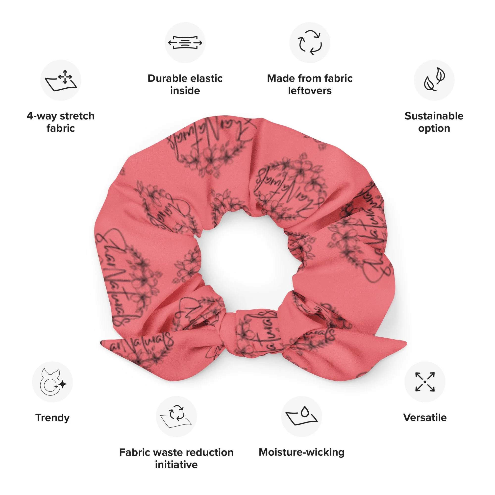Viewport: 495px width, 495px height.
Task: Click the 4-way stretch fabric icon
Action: click(61, 80)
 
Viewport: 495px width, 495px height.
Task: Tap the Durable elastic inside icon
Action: click(185, 43)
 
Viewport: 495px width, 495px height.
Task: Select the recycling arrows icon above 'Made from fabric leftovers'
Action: click(310, 43)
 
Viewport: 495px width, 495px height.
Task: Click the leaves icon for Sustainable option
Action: click(434, 80)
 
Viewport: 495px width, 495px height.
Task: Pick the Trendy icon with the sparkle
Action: click(52, 382)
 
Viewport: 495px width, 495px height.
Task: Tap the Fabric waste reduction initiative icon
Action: click(176, 417)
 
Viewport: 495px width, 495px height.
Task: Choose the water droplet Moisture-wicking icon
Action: click(301, 417)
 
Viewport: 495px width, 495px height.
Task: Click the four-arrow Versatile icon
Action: click(425, 382)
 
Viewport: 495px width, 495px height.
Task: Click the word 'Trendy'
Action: click(52, 418)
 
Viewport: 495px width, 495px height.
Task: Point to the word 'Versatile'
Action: click(425, 418)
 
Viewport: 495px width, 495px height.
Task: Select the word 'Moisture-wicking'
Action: click(301, 452)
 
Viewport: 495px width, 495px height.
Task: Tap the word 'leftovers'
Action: click(310, 91)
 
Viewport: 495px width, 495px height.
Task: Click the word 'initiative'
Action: click(176, 465)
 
